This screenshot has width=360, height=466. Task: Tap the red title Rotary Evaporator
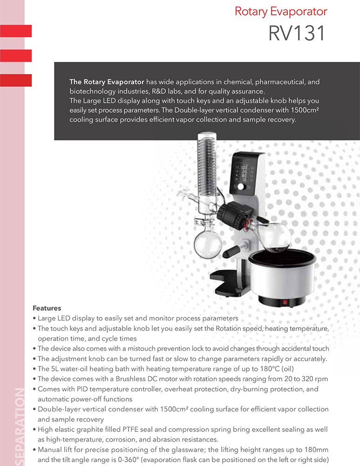click(281, 11)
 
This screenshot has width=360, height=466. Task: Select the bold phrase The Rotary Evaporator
click(107, 82)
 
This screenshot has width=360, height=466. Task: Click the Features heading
click(47, 308)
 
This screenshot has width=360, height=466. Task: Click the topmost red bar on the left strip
click(16, 31)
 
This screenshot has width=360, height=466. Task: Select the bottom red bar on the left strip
click(16, 80)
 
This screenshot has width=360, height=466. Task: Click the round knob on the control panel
click(241, 187)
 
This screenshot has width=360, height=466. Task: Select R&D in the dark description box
click(154, 91)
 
